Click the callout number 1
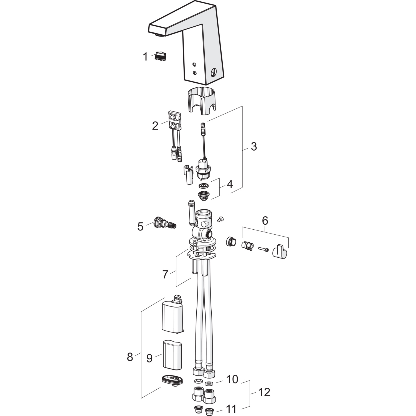[x=145, y=57]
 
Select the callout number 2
[x=155, y=126]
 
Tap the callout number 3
[x=254, y=146]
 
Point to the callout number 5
[x=141, y=227]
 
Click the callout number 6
[x=265, y=221]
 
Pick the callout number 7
[x=165, y=275]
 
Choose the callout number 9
[x=149, y=358]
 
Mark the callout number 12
[x=264, y=392]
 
